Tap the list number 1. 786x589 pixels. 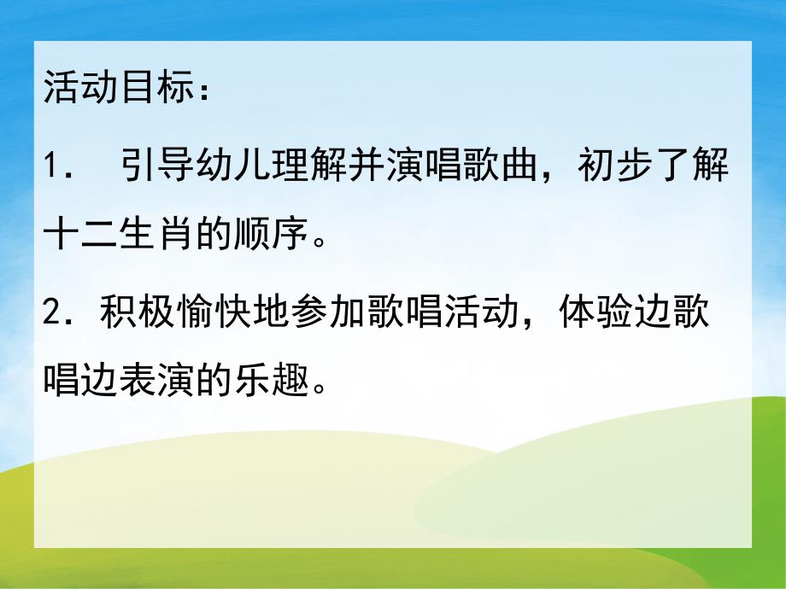pyautogui.click(x=50, y=166)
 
